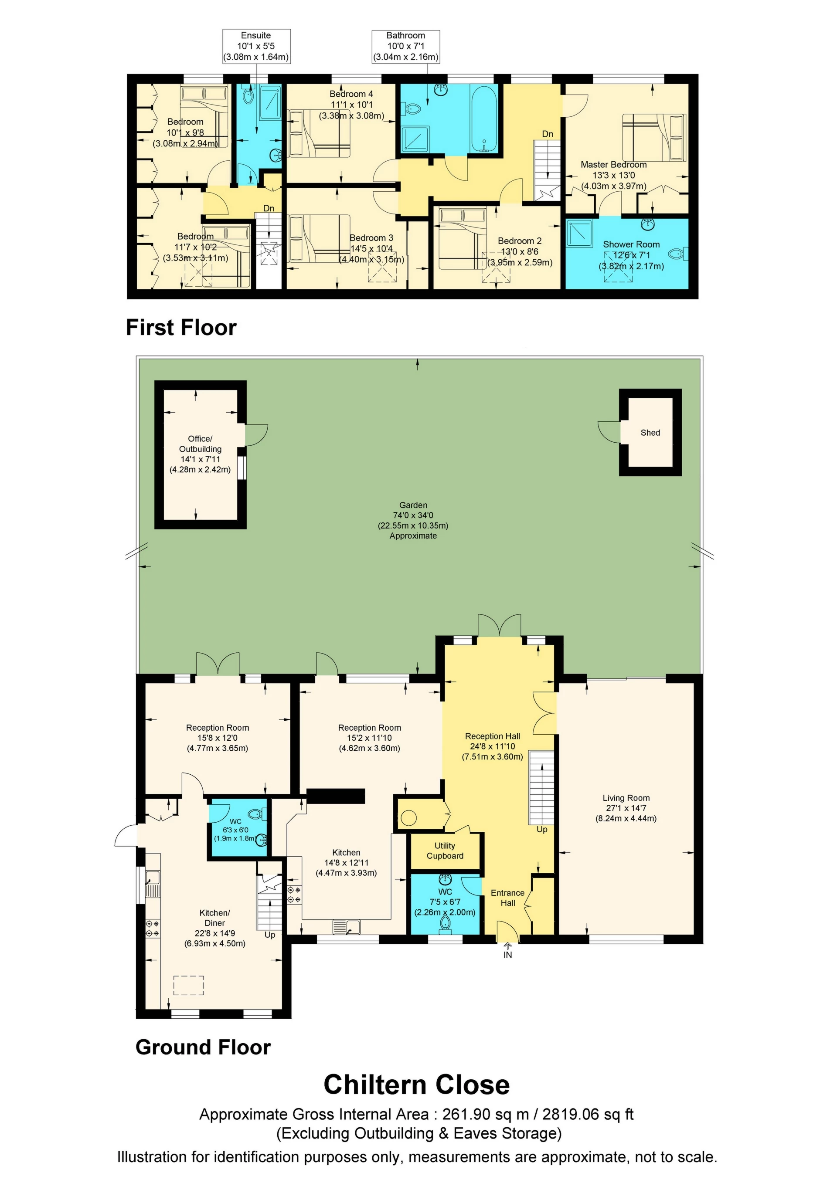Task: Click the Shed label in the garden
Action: pyautogui.click(x=650, y=433)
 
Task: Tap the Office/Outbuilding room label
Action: pyautogui.click(x=200, y=444)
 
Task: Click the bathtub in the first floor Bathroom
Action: pyautogui.click(x=484, y=119)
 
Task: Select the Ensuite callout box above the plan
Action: pyautogui.click(x=256, y=46)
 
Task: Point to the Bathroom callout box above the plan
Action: pyautogui.click(x=405, y=46)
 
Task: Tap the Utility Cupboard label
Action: pyautogui.click(x=445, y=851)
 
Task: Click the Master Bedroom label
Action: pyautogui.click(x=613, y=164)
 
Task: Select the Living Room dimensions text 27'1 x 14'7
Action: pyautogui.click(x=626, y=808)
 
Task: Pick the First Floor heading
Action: pyautogui.click(x=181, y=328)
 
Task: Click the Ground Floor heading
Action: pyautogui.click(x=203, y=1047)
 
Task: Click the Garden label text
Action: pyautogui.click(x=413, y=505)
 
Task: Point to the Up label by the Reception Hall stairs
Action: pyautogui.click(x=542, y=830)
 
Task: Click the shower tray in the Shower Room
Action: pyautogui.click(x=580, y=234)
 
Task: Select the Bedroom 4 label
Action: pyautogui.click(x=351, y=94)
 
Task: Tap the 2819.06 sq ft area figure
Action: pyautogui.click(x=588, y=1115)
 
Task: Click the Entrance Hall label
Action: pyautogui.click(x=508, y=898)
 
